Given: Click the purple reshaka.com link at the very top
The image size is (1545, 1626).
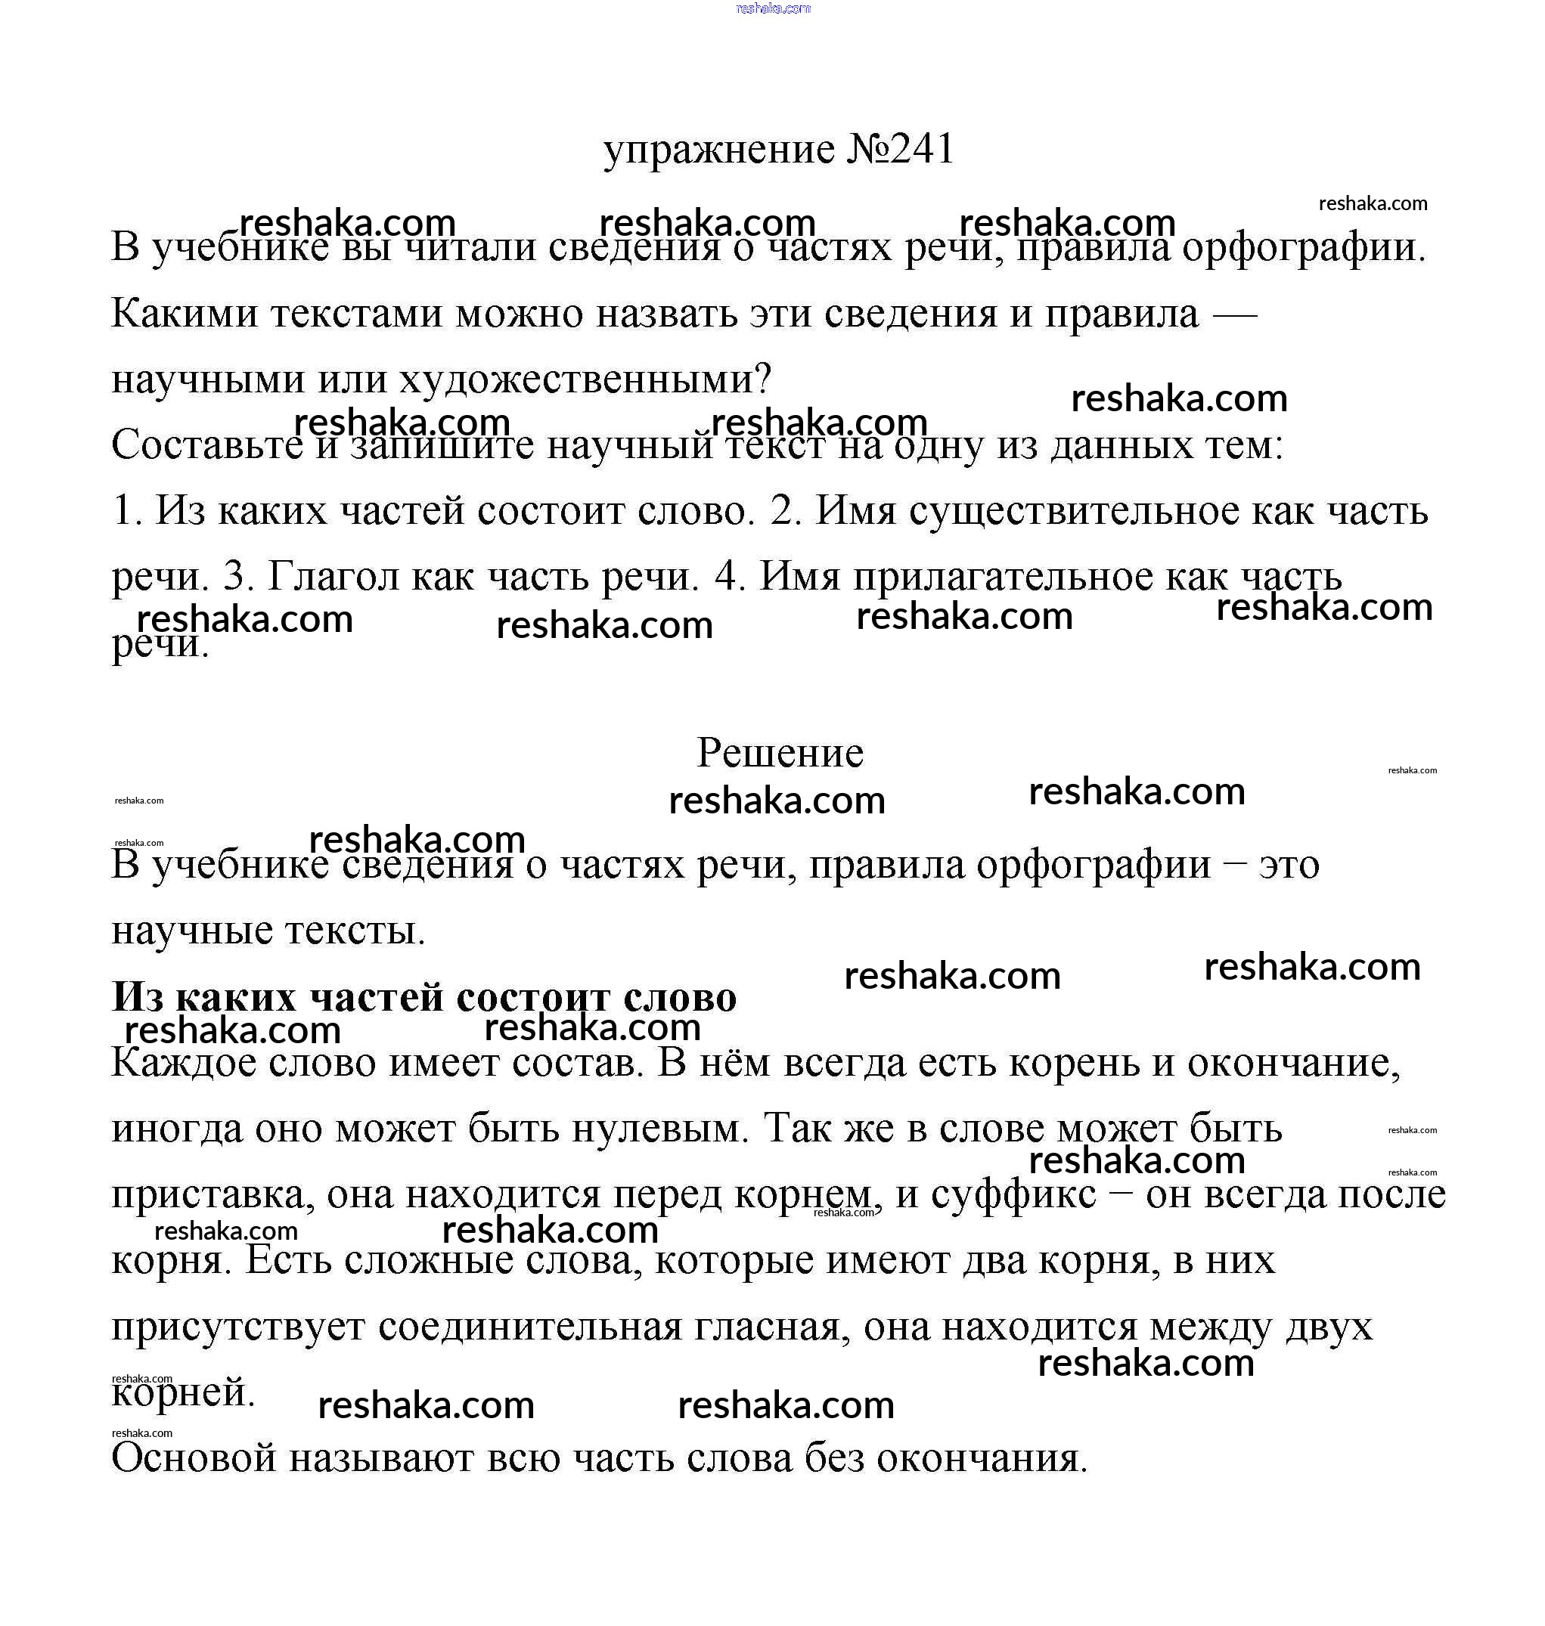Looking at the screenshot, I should [x=773, y=8].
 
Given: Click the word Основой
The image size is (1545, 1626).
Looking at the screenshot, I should [x=194, y=1458].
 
